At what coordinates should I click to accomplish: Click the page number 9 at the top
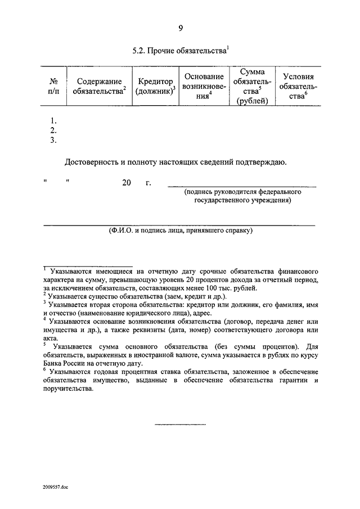coord(181,29)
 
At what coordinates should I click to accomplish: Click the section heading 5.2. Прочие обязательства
coord(179,50)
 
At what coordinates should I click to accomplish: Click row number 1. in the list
coord(54,121)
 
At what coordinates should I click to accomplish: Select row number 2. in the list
coord(54,130)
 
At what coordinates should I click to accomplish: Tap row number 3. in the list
coord(54,140)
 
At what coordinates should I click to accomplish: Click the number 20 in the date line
coord(125,183)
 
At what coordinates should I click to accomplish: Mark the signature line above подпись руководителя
coord(242,186)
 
